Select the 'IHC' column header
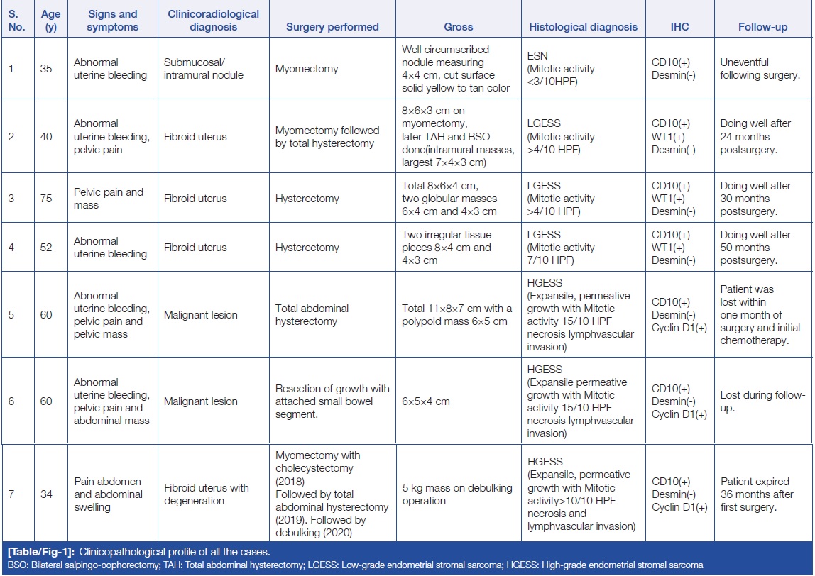coord(679,27)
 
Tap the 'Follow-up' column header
coord(762,27)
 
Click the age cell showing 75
coord(46,199)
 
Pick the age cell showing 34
coord(46,494)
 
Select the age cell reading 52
coord(46,248)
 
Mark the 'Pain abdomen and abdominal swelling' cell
coord(108,494)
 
